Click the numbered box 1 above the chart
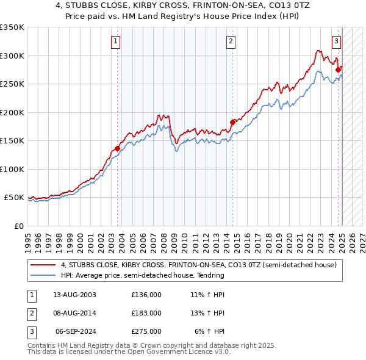pyautogui.click(x=116, y=41)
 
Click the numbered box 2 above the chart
pyautogui.click(x=231, y=41)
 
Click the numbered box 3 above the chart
pyautogui.click(x=336, y=41)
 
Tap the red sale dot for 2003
pyautogui.click(x=118, y=148)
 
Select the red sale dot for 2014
pyautogui.click(x=232, y=122)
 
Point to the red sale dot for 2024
pyautogui.click(x=338, y=70)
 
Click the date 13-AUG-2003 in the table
pyautogui.click(x=75, y=295)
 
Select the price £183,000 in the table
pyautogui.click(x=146, y=313)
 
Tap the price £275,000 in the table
pyautogui.click(x=146, y=331)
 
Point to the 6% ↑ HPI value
pyautogui.click(x=210, y=331)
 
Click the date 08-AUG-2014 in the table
pyautogui.click(x=75, y=313)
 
